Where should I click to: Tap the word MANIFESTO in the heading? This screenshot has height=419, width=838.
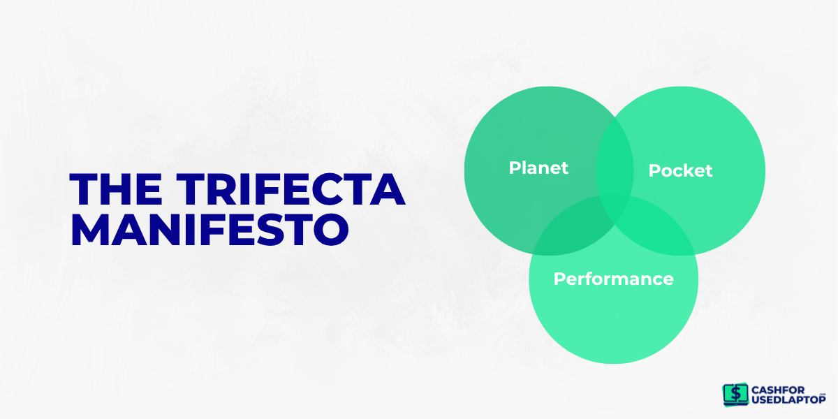point(209,229)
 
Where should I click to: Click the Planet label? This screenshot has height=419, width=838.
point(538,168)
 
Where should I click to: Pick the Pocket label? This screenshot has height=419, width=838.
point(680,170)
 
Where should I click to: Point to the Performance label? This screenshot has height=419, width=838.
point(613,279)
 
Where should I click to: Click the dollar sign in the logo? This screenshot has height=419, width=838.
point(734,394)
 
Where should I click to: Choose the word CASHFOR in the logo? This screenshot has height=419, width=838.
point(779,389)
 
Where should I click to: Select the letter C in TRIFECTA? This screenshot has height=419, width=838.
point(337,189)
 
